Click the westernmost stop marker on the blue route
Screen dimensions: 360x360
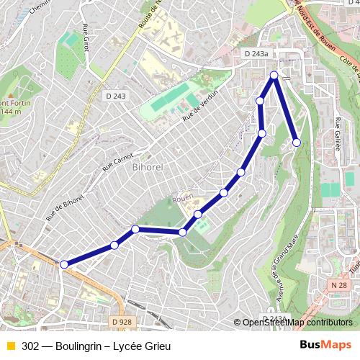point(63,265)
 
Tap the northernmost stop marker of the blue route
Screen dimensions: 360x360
point(274,75)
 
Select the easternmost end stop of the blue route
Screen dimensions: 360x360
point(297,143)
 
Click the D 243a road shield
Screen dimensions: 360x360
point(256,53)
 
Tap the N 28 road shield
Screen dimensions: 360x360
point(341,286)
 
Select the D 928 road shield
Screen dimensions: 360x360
point(122,322)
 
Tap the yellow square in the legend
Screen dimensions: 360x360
point(10,346)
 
